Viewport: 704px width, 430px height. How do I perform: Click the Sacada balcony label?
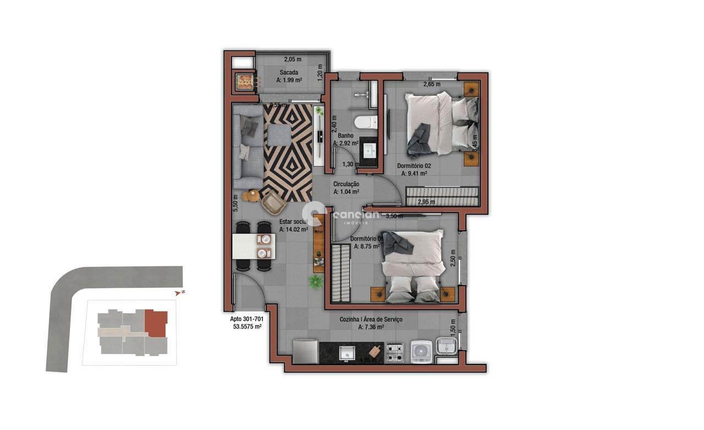point(289,73)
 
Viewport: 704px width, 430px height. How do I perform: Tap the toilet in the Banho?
point(364,122)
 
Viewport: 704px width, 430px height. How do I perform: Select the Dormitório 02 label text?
point(414,165)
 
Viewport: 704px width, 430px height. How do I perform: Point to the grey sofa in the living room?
point(247,147)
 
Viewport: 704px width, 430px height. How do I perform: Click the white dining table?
point(254,246)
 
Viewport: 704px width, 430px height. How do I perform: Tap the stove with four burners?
point(395,352)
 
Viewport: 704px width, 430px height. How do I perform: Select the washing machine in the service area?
point(421,351)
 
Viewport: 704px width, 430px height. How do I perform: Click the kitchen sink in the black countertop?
point(346,353)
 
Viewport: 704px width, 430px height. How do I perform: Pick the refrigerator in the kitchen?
point(306,351)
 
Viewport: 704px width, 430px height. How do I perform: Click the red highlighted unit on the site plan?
point(156,323)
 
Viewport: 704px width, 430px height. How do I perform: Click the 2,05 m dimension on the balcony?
point(293,59)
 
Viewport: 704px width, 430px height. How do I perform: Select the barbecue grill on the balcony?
point(244,81)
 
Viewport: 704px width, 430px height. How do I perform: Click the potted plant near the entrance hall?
point(316,282)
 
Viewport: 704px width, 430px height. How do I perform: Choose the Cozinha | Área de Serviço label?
point(371,319)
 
